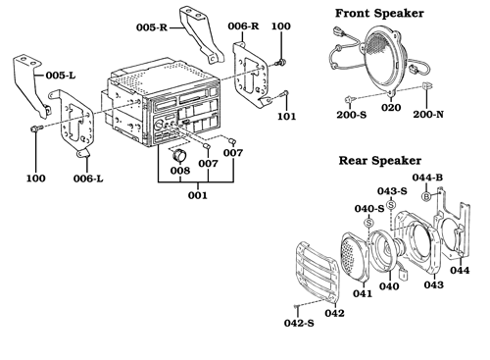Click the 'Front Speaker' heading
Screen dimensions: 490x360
[379, 14]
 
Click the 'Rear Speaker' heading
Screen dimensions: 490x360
[379, 161]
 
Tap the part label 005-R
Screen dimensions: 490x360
[152, 27]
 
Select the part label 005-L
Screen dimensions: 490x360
[61, 76]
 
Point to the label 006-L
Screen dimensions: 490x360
[88, 179]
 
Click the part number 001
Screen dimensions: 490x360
[198, 195]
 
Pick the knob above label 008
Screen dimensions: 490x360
[178, 155]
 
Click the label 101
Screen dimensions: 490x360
[286, 116]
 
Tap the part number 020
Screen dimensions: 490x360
[391, 107]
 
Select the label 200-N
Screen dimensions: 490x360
[428, 114]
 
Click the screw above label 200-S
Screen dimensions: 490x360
[350, 98]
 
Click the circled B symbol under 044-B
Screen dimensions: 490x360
[426, 196]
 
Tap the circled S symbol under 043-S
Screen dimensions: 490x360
[391, 205]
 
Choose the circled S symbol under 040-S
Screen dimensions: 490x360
[368, 223]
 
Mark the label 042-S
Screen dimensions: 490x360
[299, 323]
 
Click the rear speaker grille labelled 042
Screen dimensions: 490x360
[318, 271]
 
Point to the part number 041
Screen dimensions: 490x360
[363, 293]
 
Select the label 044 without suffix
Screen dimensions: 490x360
[460, 270]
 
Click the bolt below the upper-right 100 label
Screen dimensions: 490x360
[280, 62]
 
